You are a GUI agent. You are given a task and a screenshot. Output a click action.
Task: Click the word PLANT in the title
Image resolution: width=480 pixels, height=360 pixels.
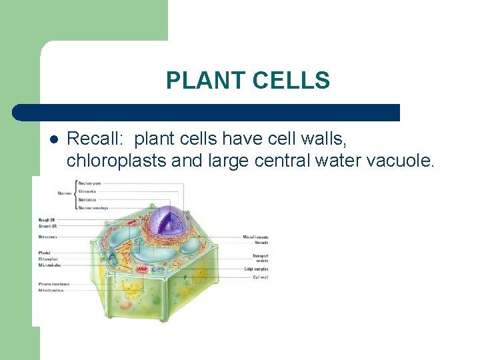point(207,81)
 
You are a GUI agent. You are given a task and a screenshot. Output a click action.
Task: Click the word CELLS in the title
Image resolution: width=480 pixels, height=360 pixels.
point(291,81)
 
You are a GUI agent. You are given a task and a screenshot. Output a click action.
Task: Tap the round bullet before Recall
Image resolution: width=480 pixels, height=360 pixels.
point(53,139)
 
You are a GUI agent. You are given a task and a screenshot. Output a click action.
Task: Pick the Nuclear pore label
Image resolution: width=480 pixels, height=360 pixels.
point(91,183)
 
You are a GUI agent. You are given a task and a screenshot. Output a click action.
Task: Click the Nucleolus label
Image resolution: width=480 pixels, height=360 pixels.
point(87,199)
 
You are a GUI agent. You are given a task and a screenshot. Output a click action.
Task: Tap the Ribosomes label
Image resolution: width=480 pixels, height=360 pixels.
point(48,237)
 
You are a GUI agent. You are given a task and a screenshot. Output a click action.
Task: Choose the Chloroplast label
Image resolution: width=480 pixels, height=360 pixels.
point(49,259)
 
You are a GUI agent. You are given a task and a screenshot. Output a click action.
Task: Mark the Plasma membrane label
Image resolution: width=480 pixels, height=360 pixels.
point(53,284)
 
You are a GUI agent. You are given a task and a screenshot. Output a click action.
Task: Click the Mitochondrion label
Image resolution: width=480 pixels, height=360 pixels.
point(51,291)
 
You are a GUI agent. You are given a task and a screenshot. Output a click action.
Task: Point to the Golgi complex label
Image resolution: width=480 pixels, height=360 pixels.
point(257,269)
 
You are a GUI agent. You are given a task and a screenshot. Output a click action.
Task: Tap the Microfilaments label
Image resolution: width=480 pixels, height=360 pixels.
point(255,237)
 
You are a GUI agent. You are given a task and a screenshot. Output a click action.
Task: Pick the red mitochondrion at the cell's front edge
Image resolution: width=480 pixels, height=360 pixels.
point(142,269)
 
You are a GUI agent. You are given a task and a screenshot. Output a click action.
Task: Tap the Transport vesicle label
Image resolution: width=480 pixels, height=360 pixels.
point(259,257)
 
